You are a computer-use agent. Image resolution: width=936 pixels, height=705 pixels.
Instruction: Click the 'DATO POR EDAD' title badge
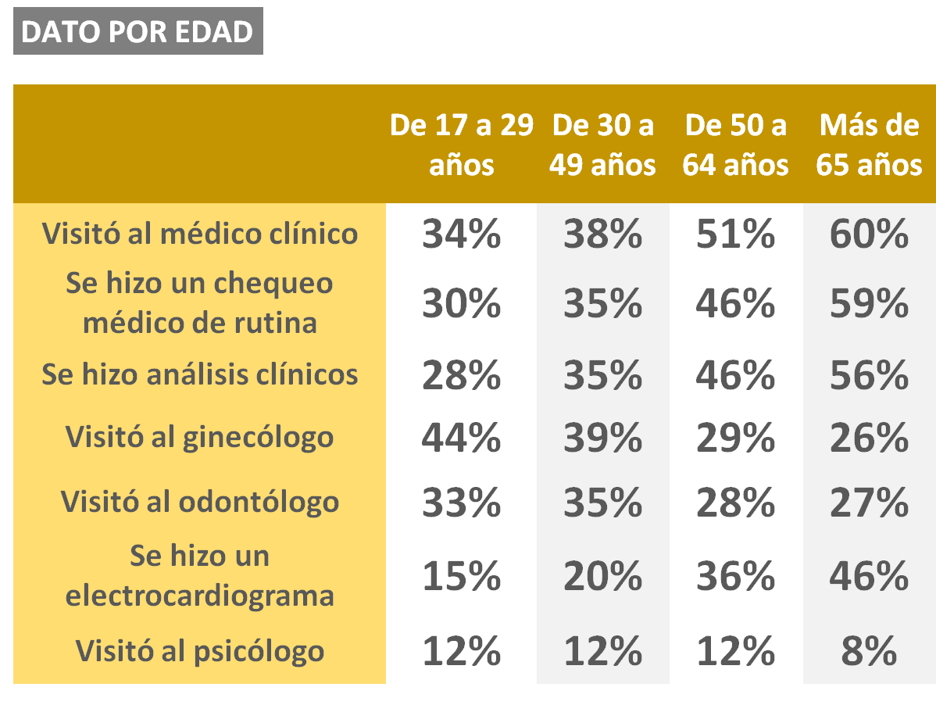point(138,31)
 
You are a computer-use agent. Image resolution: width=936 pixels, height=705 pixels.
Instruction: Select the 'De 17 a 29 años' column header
point(462,145)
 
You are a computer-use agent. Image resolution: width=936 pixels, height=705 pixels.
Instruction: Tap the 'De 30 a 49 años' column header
point(603,145)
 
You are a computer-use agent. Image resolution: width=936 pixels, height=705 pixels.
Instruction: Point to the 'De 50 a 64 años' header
point(735,145)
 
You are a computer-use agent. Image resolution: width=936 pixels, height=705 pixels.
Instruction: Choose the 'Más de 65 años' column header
point(869,145)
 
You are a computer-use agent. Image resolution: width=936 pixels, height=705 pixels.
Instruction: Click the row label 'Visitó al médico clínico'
point(199,234)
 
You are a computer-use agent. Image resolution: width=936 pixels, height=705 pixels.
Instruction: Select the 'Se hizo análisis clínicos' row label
point(199,375)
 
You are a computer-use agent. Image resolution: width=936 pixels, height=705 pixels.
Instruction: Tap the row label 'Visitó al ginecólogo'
point(199,438)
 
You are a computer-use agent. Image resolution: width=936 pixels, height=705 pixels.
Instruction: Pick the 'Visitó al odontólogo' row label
point(199,502)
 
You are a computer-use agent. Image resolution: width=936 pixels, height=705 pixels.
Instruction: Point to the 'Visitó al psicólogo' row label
point(199,650)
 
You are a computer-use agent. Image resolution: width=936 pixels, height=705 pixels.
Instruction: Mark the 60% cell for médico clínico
point(869,234)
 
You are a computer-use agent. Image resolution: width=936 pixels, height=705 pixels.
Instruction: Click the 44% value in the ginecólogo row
point(462,438)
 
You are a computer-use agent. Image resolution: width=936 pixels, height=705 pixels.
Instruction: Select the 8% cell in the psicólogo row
point(869,650)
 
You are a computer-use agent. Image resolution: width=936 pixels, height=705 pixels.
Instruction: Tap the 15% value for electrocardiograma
point(462,577)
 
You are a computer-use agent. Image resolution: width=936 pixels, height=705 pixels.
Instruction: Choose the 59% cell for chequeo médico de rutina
point(869,304)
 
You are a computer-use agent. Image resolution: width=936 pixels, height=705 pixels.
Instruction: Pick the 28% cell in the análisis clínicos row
point(462,375)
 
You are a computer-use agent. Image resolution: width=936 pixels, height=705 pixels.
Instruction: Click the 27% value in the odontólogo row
point(869,502)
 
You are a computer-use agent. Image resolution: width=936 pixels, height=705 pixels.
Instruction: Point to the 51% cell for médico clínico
point(735,234)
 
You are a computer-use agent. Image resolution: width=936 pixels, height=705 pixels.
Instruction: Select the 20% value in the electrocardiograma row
point(603,577)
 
